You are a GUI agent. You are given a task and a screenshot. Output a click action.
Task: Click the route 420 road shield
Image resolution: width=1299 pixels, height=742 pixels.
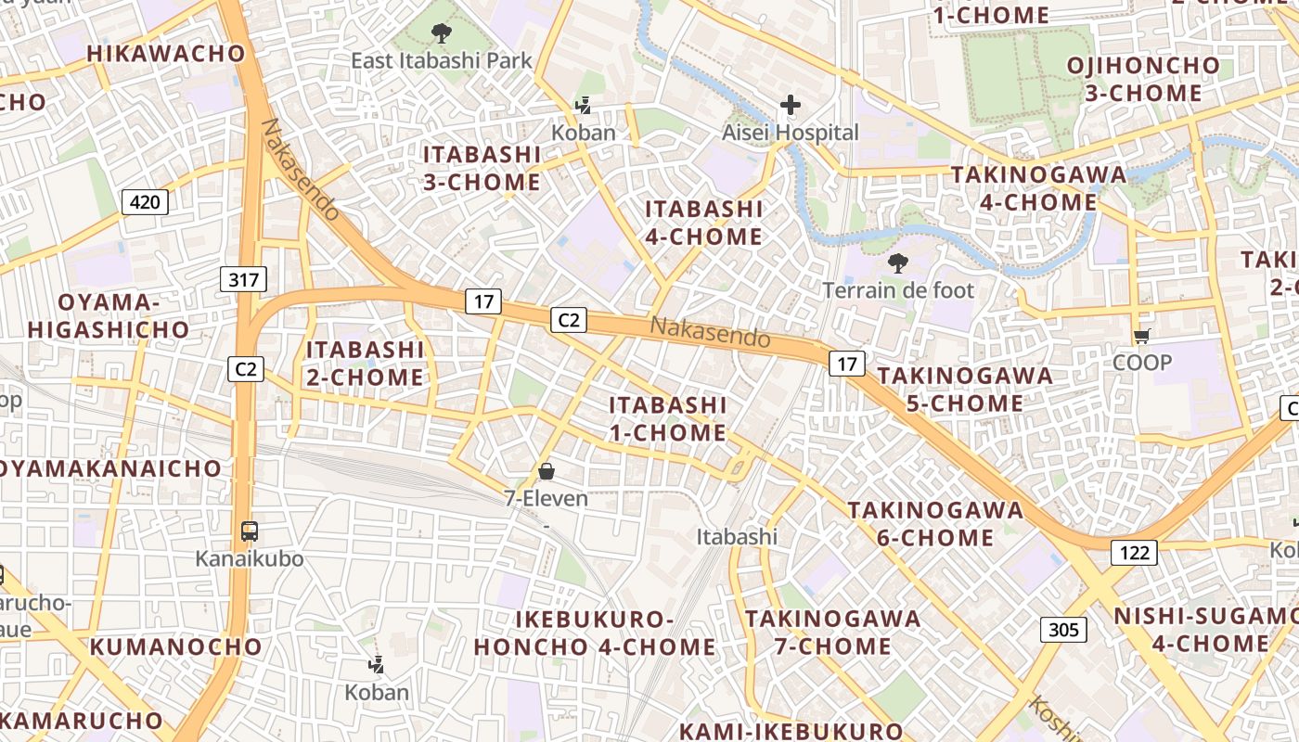(x=145, y=201)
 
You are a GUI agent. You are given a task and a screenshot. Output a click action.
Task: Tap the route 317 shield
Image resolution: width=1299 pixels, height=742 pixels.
(x=244, y=279)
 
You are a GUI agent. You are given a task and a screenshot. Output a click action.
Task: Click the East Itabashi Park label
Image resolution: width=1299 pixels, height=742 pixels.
(x=442, y=61)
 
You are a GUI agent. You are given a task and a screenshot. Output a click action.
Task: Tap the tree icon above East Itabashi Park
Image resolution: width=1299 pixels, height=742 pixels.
(x=442, y=34)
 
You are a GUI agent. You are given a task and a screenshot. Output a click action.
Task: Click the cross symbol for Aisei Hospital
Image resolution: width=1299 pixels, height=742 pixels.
(x=791, y=105)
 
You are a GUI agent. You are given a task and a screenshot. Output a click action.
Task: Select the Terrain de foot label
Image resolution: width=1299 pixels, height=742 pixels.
(x=898, y=290)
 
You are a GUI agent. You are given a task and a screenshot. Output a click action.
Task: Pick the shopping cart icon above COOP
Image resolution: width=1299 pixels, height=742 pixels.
(x=1141, y=336)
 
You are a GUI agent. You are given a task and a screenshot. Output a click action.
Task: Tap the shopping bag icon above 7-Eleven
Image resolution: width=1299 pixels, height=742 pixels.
(x=547, y=472)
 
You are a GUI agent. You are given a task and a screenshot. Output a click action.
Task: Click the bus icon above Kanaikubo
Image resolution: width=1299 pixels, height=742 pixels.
(x=249, y=531)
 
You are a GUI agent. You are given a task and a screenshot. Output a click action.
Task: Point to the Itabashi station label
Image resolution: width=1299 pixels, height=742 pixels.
(x=737, y=536)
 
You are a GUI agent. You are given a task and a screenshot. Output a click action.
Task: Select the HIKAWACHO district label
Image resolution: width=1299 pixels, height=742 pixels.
(x=166, y=54)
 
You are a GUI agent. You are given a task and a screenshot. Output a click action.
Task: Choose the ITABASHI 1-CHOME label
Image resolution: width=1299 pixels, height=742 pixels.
(x=668, y=418)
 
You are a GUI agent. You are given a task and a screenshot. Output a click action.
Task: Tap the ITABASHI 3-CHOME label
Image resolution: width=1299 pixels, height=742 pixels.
(x=482, y=168)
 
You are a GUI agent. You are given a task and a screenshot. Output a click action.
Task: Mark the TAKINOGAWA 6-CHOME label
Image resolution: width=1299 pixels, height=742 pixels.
(x=935, y=523)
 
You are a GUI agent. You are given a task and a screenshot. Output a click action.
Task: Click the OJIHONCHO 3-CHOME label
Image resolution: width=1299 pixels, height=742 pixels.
(x=1143, y=79)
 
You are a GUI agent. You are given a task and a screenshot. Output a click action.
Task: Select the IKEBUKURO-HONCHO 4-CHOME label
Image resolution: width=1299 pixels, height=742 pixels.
(x=595, y=633)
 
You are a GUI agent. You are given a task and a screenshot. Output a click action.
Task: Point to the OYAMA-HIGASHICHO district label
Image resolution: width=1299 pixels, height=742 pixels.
(x=109, y=315)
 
